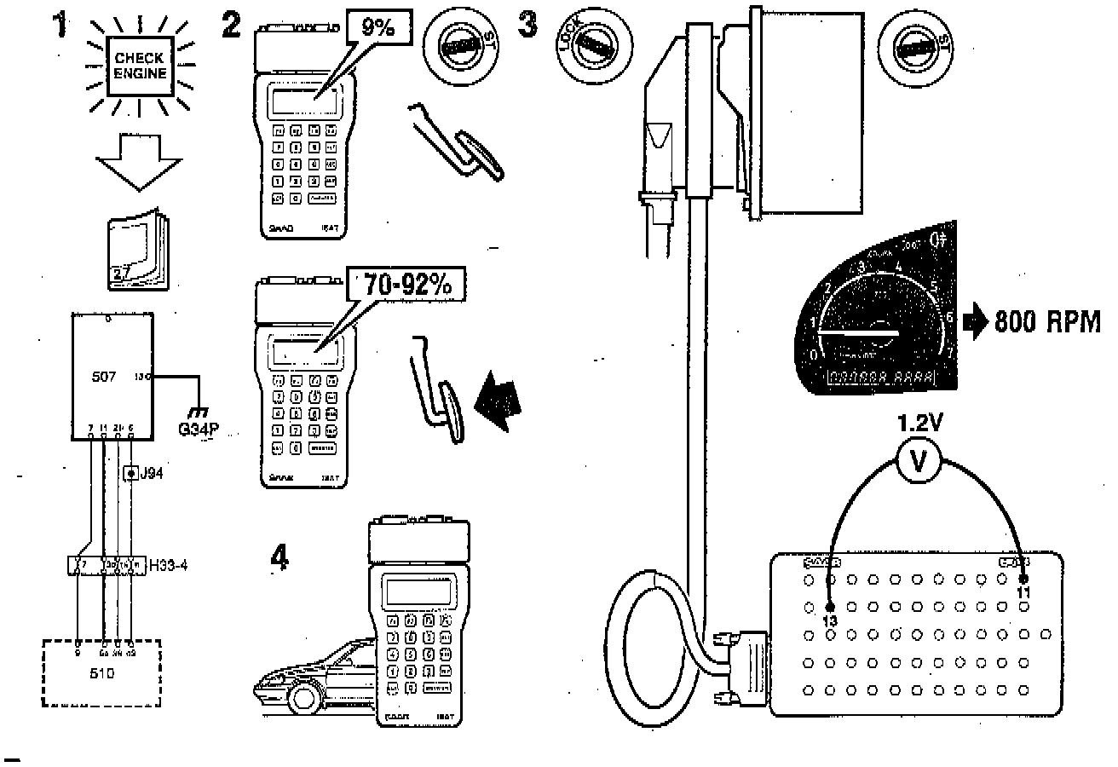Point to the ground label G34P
pyautogui.click(x=199, y=429)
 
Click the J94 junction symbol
pyautogui.click(x=131, y=471)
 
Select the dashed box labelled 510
pyautogui.click(x=101, y=672)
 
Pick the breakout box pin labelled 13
pyautogui.click(x=832, y=607)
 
